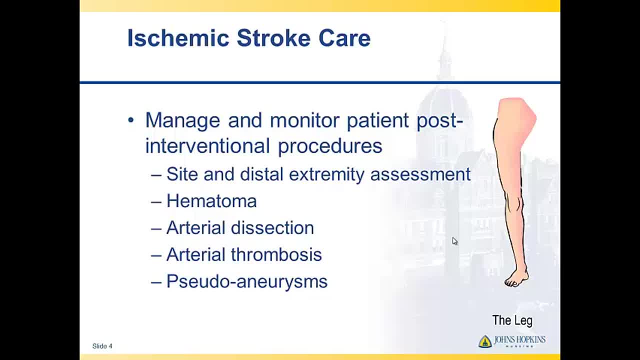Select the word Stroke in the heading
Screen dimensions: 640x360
273,38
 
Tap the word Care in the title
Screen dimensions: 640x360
344,38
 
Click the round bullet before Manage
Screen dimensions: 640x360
131,120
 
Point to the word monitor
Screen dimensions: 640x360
304,120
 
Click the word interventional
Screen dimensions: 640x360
207,145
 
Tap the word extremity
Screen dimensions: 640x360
326,175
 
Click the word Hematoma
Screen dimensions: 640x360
211,201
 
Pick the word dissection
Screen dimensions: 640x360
272,227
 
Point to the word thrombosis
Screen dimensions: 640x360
276,254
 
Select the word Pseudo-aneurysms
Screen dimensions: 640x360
247,282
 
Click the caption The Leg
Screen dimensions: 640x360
512,320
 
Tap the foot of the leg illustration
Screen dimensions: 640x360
517,279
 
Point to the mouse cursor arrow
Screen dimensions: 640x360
454,241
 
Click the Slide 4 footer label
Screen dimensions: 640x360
102,346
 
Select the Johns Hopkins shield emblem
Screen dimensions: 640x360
485,341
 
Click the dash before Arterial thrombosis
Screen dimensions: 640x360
156,255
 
